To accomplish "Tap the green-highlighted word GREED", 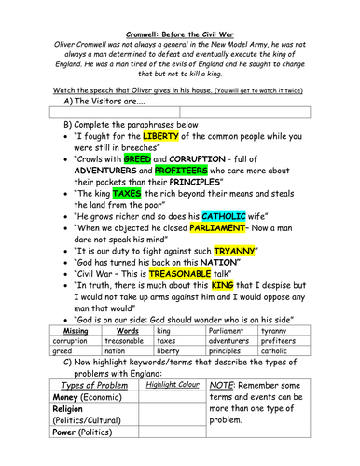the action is click(137, 160).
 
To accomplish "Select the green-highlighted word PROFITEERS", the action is click(196, 172).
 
